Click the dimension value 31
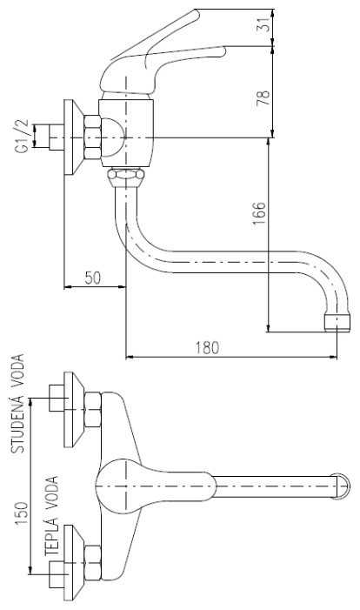tap(264, 24)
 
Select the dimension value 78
tap(263, 98)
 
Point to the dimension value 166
tap(259, 213)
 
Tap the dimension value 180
tap(206, 347)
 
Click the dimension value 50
tap(92, 278)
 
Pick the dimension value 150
tap(22, 513)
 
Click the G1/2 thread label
tap(23, 136)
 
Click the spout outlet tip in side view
tap(337, 323)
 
